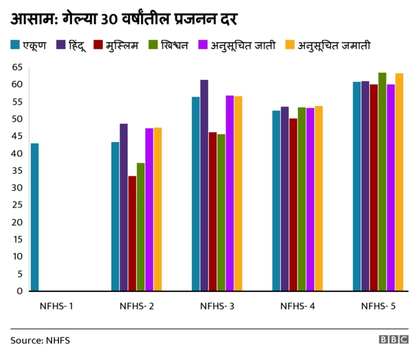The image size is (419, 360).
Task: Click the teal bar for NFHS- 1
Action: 35,217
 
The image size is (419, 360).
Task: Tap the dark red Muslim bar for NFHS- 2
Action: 132,233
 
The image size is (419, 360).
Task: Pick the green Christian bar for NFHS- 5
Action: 382,181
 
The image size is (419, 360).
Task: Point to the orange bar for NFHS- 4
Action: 318,198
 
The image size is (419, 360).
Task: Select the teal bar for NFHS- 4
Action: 276,200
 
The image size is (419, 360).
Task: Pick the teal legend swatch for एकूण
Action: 15,45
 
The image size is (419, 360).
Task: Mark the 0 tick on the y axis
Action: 20,291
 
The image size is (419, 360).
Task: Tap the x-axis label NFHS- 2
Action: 136,306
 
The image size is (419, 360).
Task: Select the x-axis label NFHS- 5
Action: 378,306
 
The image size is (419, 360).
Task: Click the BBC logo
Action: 393,340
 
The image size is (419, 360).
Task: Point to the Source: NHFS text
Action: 40,340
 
